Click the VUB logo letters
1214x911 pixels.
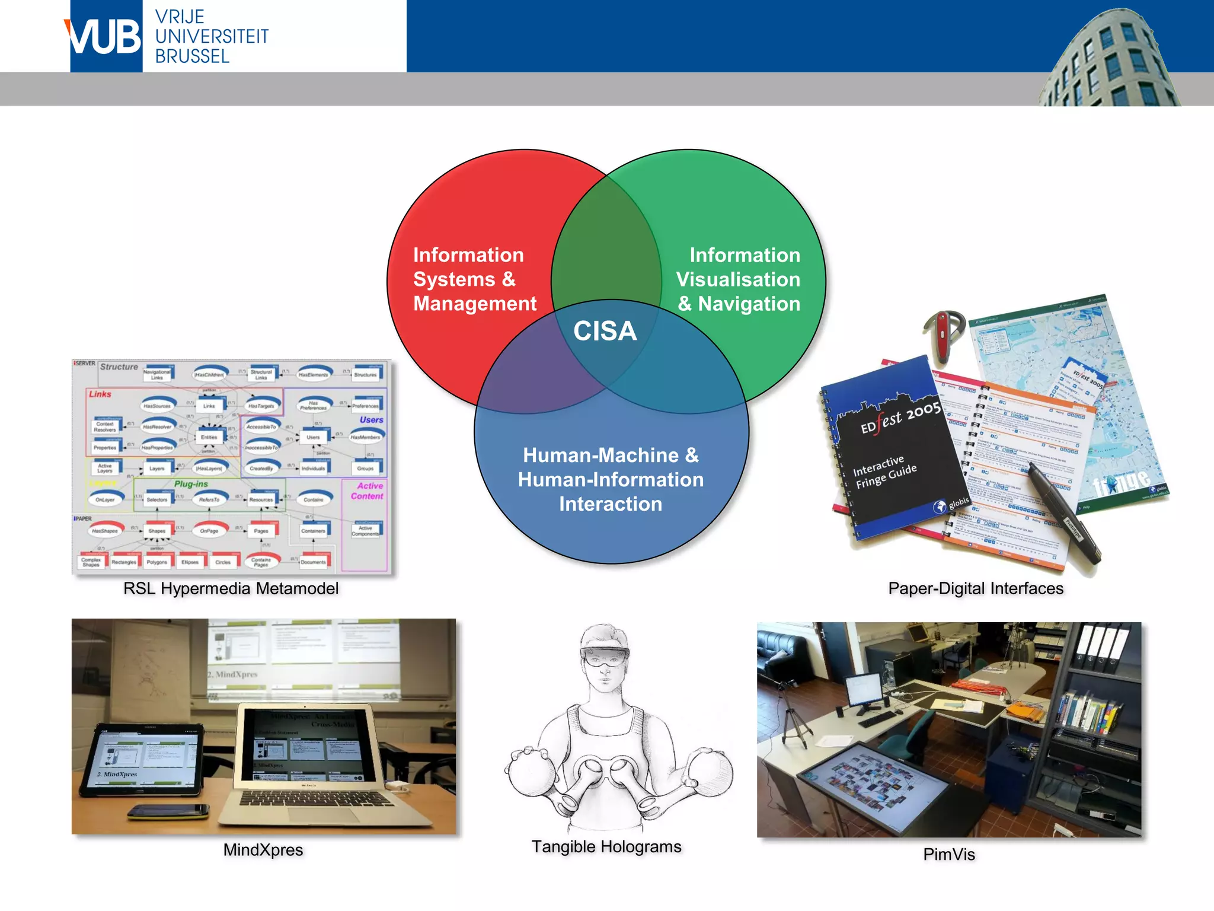coord(105,37)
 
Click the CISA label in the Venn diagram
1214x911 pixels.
coord(605,331)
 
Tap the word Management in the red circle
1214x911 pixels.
coord(475,304)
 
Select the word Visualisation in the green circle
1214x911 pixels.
coord(738,279)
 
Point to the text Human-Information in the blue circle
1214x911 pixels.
coord(611,479)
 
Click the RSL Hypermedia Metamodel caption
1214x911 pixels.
coord(231,588)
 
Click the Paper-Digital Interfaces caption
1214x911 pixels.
coord(975,588)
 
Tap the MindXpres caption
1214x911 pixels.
coord(263,850)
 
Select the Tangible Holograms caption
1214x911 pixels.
coord(606,846)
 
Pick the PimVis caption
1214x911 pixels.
coord(948,854)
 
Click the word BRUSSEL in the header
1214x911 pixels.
coord(192,56)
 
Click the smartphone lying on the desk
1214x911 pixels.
coord(169,811)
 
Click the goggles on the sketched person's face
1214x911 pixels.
coord(605,657)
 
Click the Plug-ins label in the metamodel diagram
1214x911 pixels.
coord(191,484)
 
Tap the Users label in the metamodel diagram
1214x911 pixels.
coord(371,420)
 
